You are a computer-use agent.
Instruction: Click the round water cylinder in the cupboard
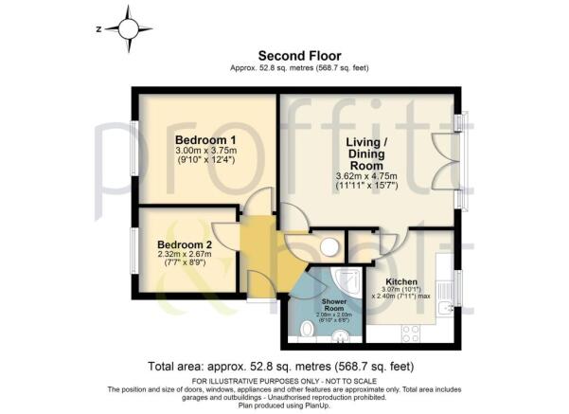(x=329, y=247)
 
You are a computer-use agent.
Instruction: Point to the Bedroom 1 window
(x=133, y=146)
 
